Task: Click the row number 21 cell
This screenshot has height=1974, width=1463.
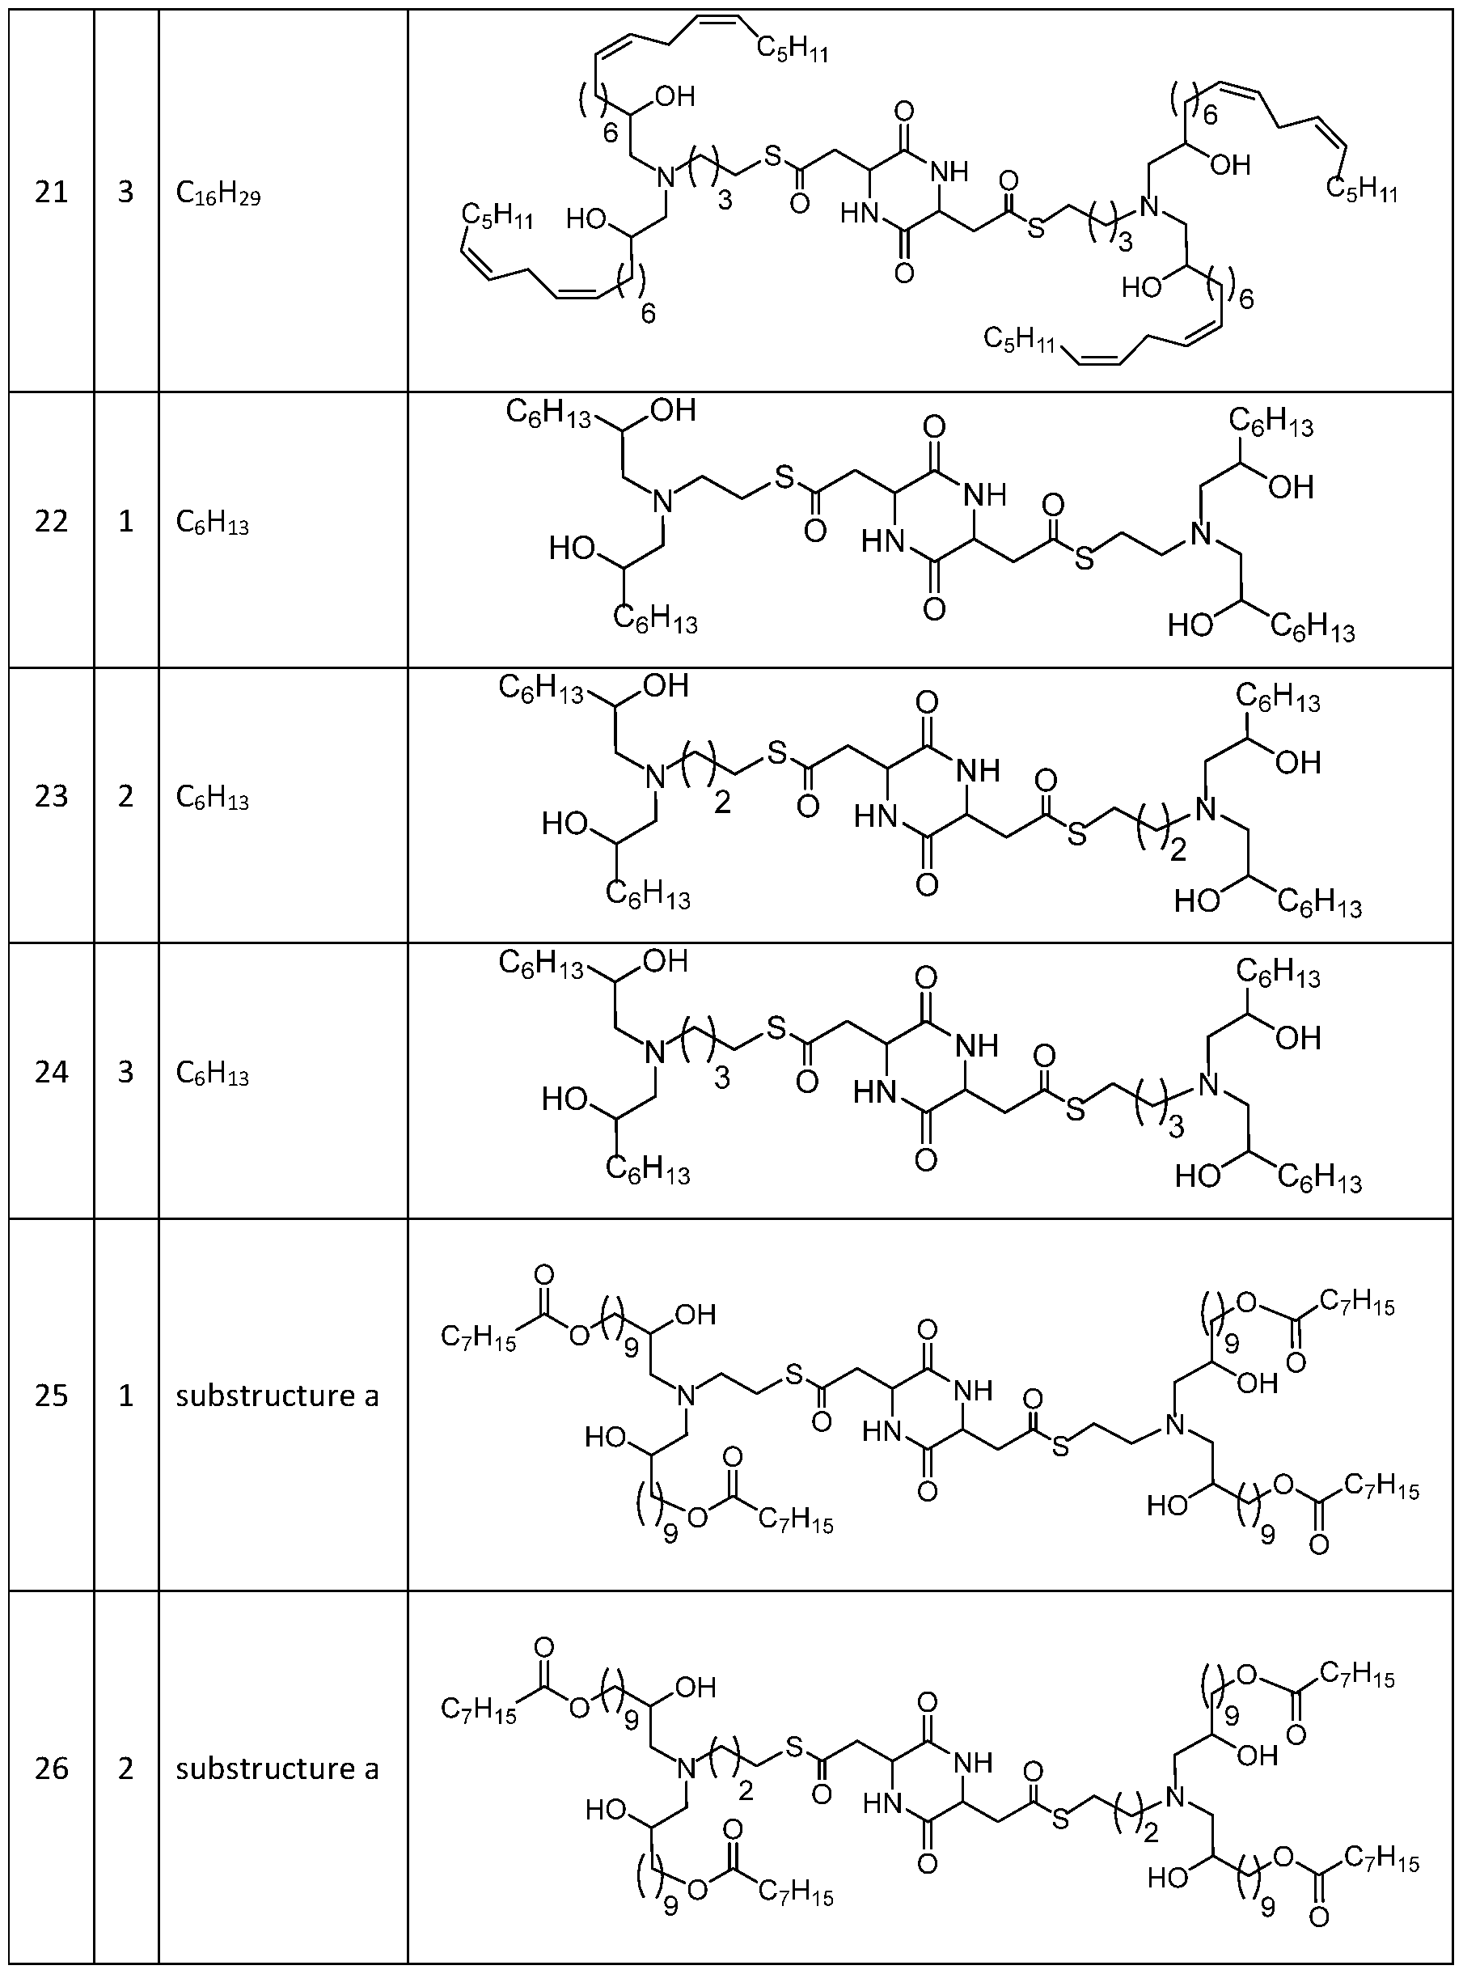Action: click(x=52, y=192)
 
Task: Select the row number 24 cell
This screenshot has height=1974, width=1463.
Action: click(x=52, y=1071)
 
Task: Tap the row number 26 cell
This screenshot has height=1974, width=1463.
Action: click(x=52, y=1768)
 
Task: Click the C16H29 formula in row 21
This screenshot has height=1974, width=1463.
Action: click(x=218, y=194)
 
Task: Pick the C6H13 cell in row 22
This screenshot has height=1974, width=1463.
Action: click(x=213, y=523)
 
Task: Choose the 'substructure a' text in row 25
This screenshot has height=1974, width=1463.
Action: click(x=277, y=1396)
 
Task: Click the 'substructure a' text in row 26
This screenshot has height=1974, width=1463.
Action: click(x=277, y=1768)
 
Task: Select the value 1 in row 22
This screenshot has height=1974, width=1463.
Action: click(x=125, y=521)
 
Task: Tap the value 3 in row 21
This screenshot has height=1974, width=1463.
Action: click(x=125, y=192)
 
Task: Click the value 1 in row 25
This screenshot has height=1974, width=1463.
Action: click(x=125, y=1396)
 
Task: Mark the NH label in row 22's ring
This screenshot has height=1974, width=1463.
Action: click(x=985, y=494)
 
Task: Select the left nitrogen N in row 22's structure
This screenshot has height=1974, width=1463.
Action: click(x=662, y=502)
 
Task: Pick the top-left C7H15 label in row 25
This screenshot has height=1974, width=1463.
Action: click(x=479, y=1339)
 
